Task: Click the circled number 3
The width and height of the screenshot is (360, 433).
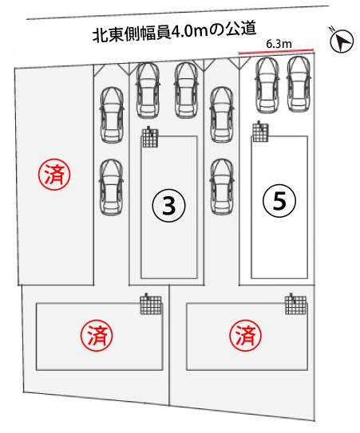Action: tap(168, 206)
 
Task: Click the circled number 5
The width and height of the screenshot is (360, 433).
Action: tap(279, 201)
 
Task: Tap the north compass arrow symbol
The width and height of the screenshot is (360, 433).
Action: tap(342, 41)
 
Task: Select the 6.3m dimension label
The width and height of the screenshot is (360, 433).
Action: tap(279, 44)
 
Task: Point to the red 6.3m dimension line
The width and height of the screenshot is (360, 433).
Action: tap(276, 51)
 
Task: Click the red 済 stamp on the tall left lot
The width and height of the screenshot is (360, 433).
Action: tap(54, 175)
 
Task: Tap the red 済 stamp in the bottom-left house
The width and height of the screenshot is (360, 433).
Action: tap(97, 335)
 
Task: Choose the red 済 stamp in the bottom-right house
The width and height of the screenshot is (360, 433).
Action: tap(245, 335)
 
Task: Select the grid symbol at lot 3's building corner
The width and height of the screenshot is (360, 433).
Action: tap(150, 137)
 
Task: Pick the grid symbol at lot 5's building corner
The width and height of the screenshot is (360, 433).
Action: tap(260, 132)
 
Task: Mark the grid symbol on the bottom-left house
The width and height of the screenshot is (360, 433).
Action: tap(150, 304)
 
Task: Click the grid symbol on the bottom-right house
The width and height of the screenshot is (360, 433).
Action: tap(296, 304)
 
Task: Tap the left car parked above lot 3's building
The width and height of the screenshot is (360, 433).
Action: tap(148, 90)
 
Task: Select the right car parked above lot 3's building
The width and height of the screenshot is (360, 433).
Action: tap(186, 90)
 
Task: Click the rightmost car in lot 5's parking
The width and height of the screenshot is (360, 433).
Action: tap(299, 85)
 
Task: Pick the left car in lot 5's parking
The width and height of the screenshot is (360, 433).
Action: tap(267, 85)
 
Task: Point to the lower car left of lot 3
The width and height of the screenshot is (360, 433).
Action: tap(111, 187)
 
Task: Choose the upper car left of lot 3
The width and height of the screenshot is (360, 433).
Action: tap(112, 115)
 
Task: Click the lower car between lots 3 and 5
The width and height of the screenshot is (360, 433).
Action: tap(222, 187)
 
